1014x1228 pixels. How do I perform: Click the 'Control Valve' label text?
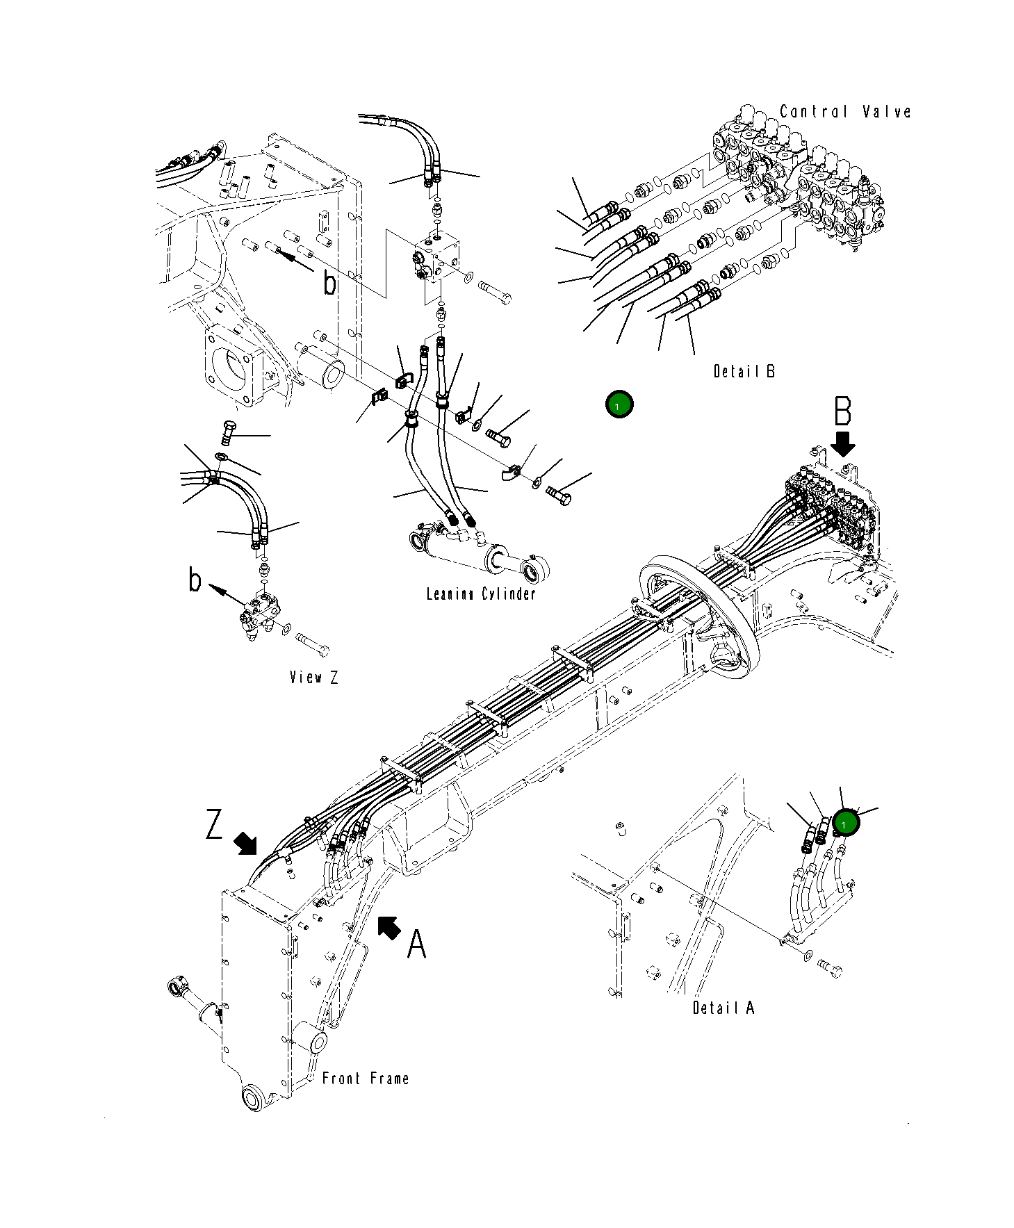(x=844, y=112)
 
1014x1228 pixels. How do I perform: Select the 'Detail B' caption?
(x=744, y=371)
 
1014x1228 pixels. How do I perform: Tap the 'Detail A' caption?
(x=723, y=1008)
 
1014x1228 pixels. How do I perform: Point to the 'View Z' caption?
(x=314, y=677)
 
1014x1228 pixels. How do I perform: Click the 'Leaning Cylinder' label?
(x=481, y=593)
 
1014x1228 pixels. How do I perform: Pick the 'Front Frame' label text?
(x=366, y=1079)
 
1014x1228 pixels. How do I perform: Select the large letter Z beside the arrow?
(x=215, y=824)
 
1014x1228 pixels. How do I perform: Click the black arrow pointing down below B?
(x=844, y=443)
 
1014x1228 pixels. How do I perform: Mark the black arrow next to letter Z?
(x=245, y=843)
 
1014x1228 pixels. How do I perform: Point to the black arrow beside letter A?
(x=389, y=927)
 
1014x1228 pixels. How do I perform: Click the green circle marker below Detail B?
(x=619, y=404)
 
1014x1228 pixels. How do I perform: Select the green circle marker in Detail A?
(x=846, y=824)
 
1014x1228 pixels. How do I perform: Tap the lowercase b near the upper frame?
(x=330, y=283)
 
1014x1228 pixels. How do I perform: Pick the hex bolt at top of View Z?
(x=228, y=432)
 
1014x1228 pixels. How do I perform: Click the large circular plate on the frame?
(x=698, y=612)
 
